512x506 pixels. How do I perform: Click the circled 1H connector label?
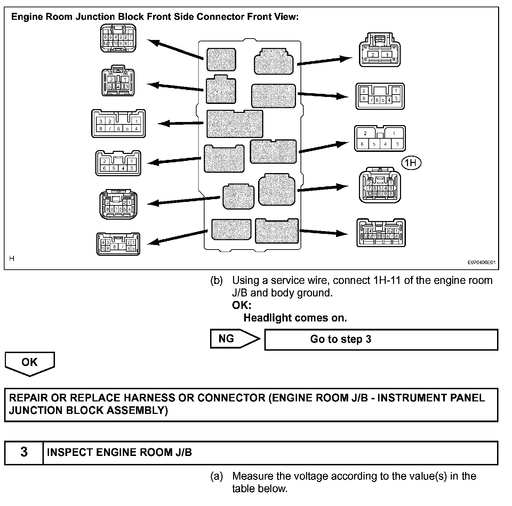[x=411, y=163]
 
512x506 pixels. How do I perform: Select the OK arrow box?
[x=30, y=363]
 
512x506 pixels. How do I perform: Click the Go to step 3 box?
[x=381, y=340]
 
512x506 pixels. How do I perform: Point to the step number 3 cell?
[x=24, y=452]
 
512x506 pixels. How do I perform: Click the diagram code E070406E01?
[x=481, y=263]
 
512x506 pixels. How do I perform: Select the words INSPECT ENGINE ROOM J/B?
[x=119, y=452]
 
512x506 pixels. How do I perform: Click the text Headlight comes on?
[x=295, y=318]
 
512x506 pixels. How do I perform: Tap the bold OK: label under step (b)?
[x=241, y=305]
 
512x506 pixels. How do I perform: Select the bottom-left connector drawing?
[x=118, y=244]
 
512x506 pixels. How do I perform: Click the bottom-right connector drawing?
[x=381, y=233]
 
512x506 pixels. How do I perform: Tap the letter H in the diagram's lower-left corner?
[x=12, y=259]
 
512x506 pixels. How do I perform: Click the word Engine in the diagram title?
[x=26, y=17]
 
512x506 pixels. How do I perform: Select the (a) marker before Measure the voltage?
[x=216, y=476]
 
